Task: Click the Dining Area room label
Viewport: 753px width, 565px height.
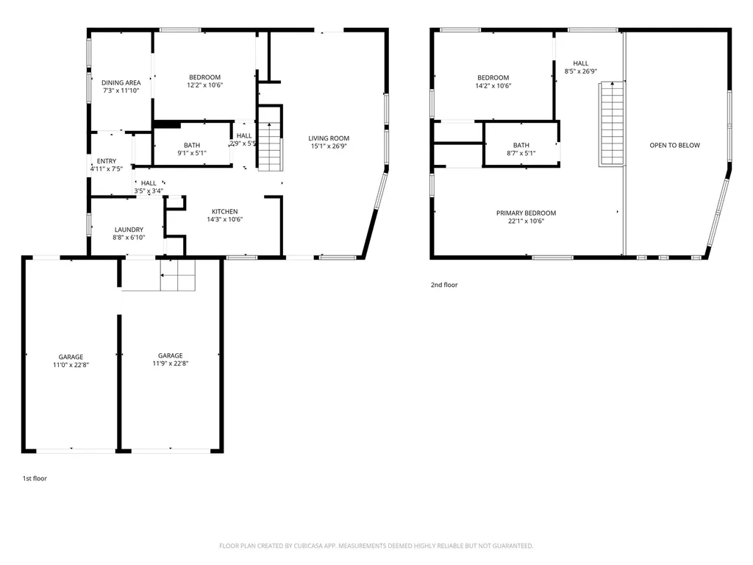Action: (121, 82)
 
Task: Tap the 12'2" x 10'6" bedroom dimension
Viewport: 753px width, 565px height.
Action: (205, 85)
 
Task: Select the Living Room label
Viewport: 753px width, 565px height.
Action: (329, 138)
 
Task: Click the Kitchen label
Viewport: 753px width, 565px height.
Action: (225, 211)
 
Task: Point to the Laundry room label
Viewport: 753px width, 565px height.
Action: (129, 230)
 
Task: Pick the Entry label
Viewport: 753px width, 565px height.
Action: (107, 161)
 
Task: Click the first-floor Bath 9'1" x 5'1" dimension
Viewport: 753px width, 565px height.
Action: (192, 153)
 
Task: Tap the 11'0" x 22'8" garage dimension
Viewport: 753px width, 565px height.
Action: (71, 365)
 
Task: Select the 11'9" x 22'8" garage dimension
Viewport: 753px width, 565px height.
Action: (171, 363)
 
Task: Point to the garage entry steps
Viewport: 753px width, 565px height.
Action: (178, 275)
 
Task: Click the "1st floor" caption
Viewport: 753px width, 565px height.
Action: (35, 478)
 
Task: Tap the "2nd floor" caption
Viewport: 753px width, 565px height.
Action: (444, 285)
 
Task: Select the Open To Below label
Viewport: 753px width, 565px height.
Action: (675, 145)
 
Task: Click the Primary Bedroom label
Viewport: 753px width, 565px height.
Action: (527, 213)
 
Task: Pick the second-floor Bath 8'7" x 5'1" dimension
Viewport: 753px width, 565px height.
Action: (521, 153)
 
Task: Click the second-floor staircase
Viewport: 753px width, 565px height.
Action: (612, 124)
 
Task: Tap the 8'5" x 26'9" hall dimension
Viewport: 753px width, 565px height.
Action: (581, 71)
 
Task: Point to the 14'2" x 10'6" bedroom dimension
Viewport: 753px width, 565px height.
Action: (493, 86)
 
